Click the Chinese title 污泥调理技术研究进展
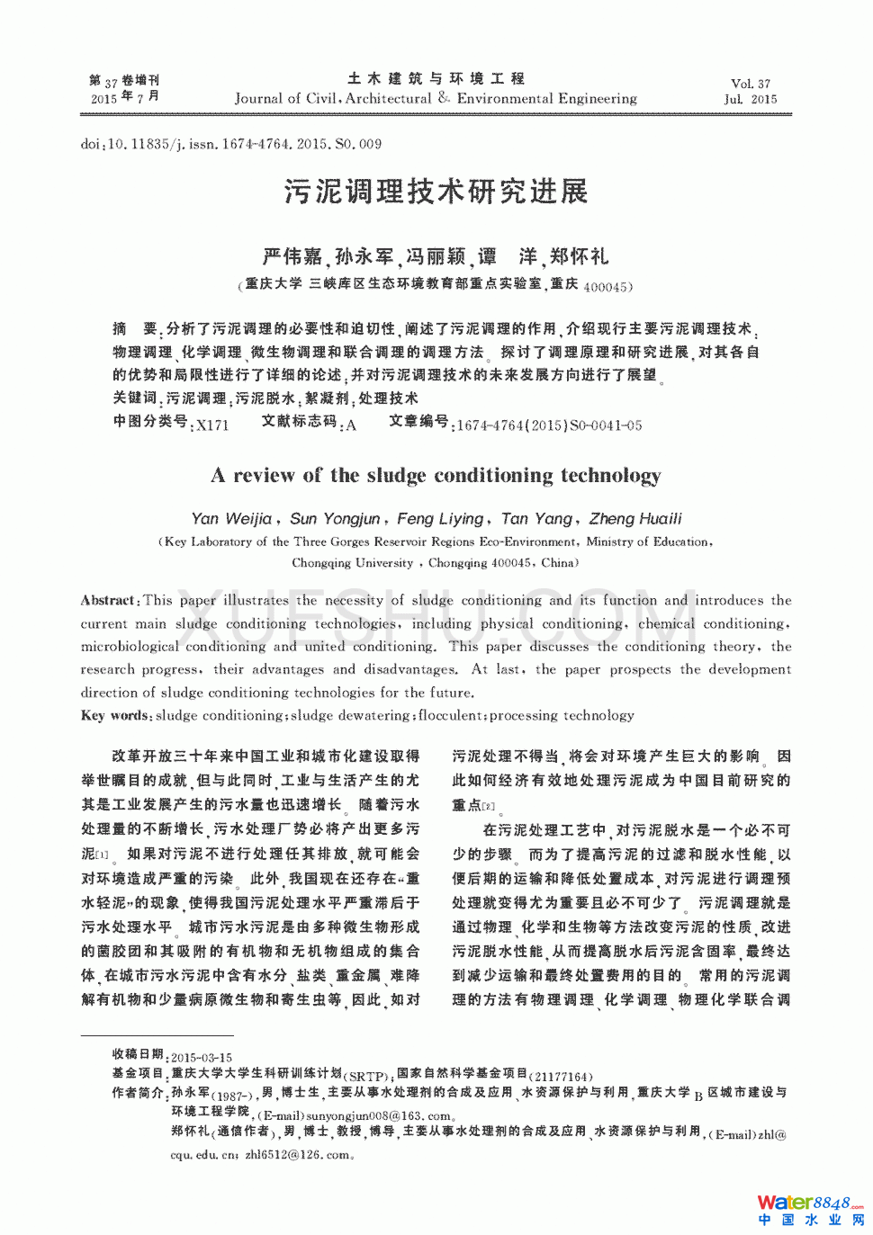click(436, 192)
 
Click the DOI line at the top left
click(230, 144)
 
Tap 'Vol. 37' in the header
click(751, 84)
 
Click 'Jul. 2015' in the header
click(751, 100)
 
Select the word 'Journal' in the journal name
click(258, 99)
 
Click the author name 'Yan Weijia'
click(231, 519)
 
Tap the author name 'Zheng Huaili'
click(635, 519)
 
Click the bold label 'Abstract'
click(107, 601)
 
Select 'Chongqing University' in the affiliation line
click(352, 563)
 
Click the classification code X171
click(212, 425)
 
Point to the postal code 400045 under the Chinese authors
click(606, 288)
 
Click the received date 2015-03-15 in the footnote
click(202, 1058)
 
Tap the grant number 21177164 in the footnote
click(562, 1077)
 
